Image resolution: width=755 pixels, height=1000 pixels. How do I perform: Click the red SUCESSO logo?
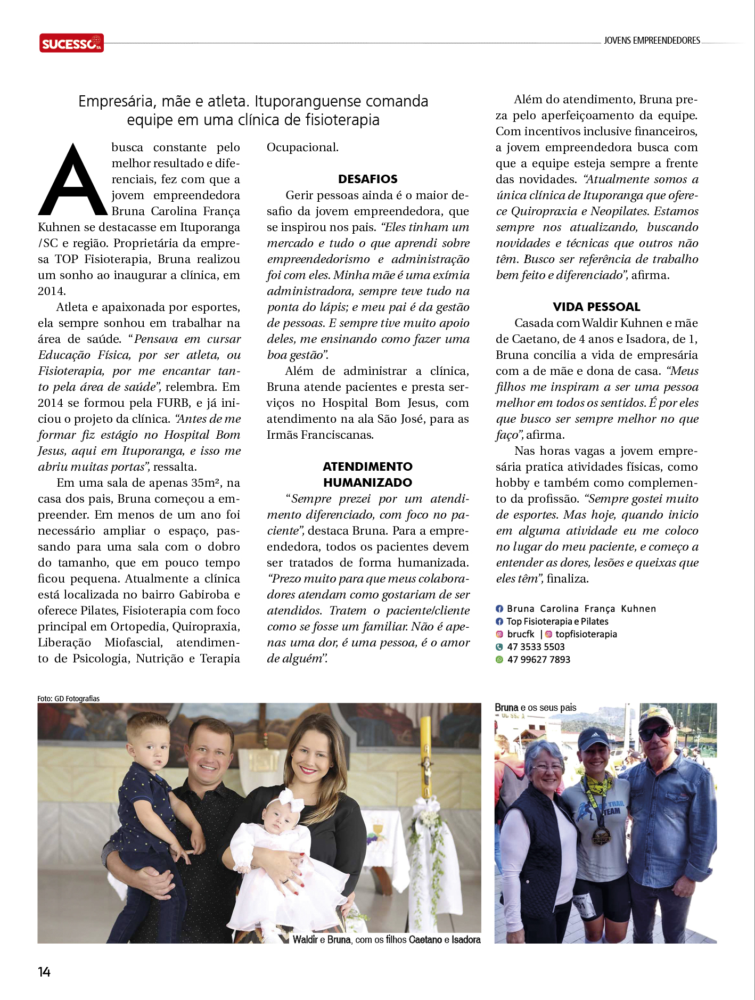pyautogui.click(x=71, y=43)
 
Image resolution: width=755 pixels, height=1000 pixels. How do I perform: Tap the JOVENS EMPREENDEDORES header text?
pyautogui.click(x=652, y=40)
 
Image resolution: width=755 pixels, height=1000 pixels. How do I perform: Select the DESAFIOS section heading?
pyautogui.click(x=368, y=179)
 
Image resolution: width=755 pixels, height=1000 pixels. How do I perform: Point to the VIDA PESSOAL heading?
pyautogui.click(x=596, y=307)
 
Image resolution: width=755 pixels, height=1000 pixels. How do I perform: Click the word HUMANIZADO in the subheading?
pyautogui.click(x=367, y=482)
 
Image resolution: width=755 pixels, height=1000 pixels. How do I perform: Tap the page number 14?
pyautogui.click(x=44, y=972)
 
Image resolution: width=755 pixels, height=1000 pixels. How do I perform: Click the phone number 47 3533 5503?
pyautogui.click(x=536, y=647)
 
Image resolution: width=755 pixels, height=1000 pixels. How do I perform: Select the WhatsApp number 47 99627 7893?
pyautogui.click(x=538, y=659)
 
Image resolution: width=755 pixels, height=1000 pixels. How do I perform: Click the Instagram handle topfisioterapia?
pyautogui.click(x=586, y=634)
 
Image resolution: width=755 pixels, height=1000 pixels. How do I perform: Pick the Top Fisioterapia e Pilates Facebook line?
pyautogui.click(x=557, y=621)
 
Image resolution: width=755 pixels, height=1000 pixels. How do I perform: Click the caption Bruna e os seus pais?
pyautogui.click(x=536, y=708)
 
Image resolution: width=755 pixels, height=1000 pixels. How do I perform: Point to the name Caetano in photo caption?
pyautogui.click(x=425, y=940)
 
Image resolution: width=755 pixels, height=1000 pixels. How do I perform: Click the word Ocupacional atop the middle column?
pyautogui.click(x=302, y=147)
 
